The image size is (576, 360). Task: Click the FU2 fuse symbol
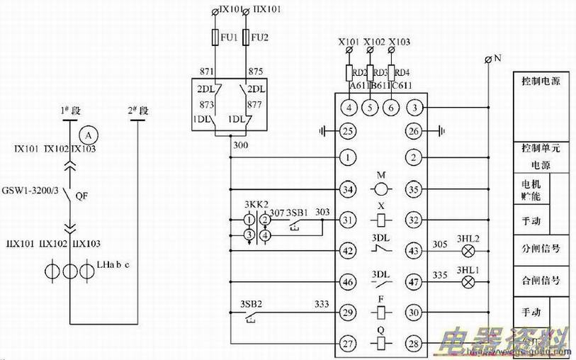click(246, 37)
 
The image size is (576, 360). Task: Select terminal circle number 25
click(347, 130)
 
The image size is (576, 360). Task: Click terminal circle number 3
click(417, 108)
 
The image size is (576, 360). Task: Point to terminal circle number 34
click(347, 189)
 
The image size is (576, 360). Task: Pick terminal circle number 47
click(417, 282)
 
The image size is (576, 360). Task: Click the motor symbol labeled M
click(381, 189)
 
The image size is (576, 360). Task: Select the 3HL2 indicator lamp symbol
click(467, 251)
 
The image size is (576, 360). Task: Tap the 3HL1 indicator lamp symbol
click(467, 282)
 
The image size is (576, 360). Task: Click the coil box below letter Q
click(381, 344)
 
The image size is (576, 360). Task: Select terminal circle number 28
click(417, 343)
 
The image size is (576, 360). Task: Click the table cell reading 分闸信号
click(541, 249)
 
